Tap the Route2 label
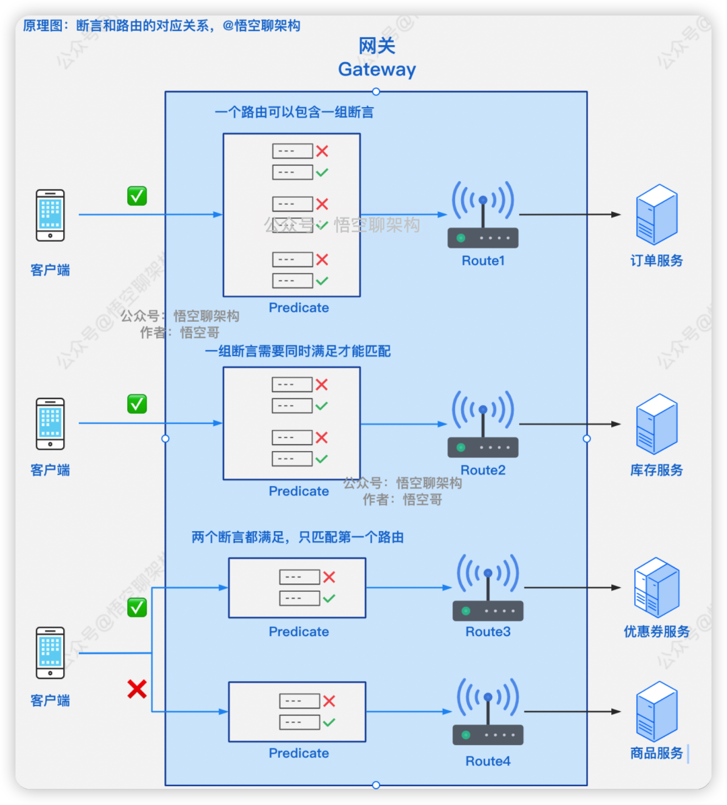tap(483, 470)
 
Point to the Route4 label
tap(488, 761)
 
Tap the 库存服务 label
tap(656, 470)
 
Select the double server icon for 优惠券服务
tap(656, 588)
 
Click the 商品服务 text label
tap(656, 753)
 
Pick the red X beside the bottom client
tap(137, 689)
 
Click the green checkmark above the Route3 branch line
tap(137, 607)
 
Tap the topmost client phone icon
tap(50, 215)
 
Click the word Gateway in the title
tap(377, 69)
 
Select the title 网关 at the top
tap(377, 46)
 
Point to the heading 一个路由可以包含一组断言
tap(294, 112)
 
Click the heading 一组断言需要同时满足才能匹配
tap(298, 351)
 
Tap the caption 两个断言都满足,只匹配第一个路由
tap(298, 537)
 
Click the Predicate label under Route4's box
tap(299, 753)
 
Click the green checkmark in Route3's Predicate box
tap(329, 598)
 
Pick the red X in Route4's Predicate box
tap(329, 701)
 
